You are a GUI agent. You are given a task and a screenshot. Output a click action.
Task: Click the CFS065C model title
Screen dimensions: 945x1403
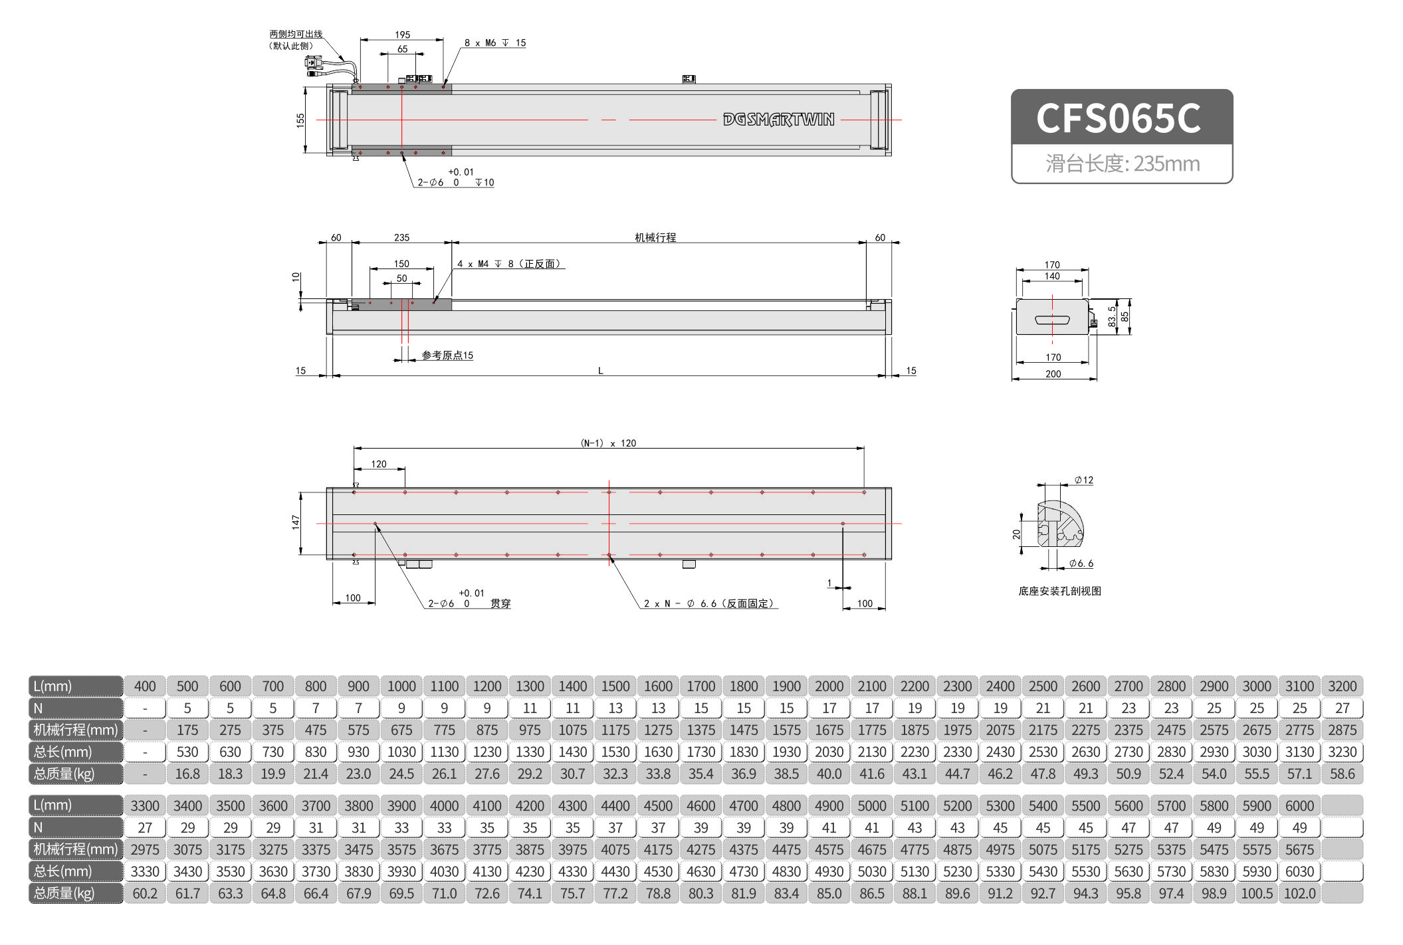point(1119,118)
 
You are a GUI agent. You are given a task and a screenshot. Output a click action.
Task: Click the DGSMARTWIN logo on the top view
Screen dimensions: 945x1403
point(778,120)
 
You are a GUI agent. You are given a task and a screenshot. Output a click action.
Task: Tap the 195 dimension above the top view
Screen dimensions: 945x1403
point(402,35)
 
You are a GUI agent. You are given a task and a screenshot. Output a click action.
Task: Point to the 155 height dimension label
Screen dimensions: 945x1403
point(300,120)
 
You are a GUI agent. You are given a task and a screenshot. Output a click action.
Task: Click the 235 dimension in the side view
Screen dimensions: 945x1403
point(401,237)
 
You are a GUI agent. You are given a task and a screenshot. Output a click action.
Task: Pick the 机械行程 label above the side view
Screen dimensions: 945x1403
point(655,237)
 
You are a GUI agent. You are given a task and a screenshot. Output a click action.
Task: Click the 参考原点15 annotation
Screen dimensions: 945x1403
point(447,356)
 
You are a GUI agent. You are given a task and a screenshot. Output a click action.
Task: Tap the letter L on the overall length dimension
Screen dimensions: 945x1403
point(600,371)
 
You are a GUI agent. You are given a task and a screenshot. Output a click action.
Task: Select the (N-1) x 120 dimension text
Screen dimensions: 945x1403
point(608,443)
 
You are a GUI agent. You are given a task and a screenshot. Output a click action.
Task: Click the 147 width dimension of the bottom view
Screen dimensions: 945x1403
point(296,522)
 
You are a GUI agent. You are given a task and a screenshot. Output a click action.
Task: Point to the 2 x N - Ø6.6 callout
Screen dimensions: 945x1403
point(708,603)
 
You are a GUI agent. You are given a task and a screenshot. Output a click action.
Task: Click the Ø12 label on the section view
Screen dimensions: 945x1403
point(1084,480)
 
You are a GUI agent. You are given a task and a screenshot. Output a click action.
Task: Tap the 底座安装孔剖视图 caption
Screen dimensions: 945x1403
point(1059,591)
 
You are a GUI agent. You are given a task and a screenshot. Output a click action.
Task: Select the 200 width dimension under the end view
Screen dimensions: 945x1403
point(1053,374)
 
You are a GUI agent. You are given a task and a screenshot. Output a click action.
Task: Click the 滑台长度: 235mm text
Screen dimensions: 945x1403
point(1123,163)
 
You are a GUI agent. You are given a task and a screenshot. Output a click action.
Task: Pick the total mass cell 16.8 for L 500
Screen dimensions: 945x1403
point(187,774)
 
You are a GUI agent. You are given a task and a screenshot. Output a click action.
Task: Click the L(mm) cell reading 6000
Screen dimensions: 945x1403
point(1299,805)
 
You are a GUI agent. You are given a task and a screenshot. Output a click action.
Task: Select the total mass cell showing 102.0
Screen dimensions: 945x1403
point(1299,893)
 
